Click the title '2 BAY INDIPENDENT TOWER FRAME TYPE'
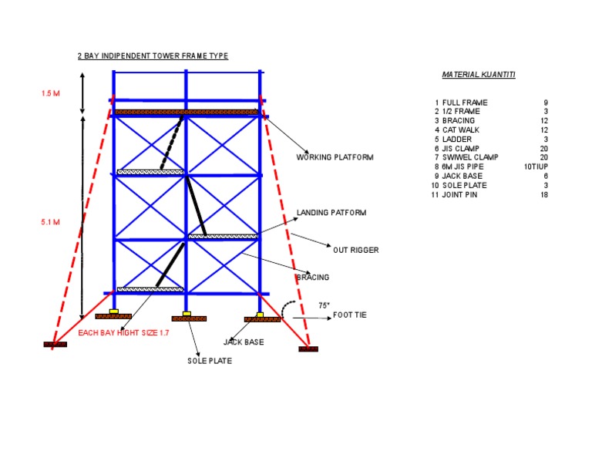pos(153,56)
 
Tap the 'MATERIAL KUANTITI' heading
pos(479,75)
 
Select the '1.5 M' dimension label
pos(50,93)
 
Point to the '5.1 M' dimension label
pos(50,222)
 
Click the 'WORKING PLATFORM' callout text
pos(335,157)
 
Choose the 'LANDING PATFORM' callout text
pos(331,212)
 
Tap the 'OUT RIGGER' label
pos(355,250)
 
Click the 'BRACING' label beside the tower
pos(312,277)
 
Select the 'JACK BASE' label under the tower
pos(244,341)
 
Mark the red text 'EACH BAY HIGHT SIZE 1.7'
pos(123,333)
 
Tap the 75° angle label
pos(324,305)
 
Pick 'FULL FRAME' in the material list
pos(465,103)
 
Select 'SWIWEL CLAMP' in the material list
pos(470,157)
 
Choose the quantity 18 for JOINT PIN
pos(544,195)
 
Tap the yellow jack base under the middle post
pos(187,313)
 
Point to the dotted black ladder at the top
pos(172,143)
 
